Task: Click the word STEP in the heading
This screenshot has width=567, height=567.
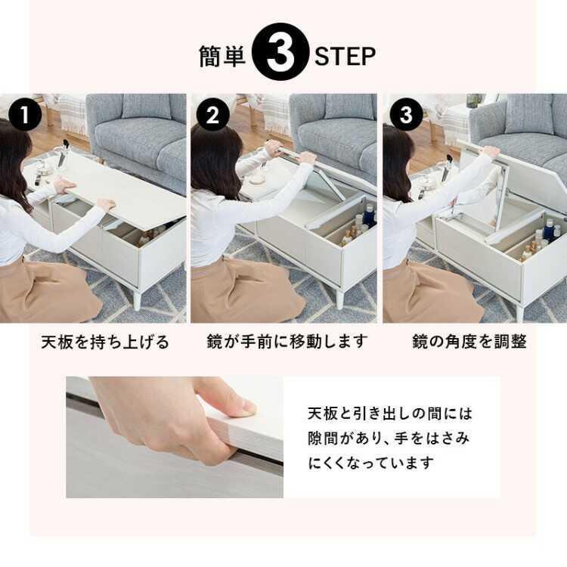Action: tap(345, 56)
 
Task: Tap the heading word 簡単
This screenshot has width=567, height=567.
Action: tap(222, 56)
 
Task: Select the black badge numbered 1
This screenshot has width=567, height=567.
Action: tap(26, 116)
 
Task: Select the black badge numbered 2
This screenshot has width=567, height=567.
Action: tap(212, 116)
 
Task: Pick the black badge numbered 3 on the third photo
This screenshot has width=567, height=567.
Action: tap(406, 116)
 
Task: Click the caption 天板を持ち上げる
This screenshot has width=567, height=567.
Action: tap(105, 342)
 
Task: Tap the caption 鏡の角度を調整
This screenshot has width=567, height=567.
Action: tap(469, 342)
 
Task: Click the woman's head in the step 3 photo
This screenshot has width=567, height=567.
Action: tap(396, 155)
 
